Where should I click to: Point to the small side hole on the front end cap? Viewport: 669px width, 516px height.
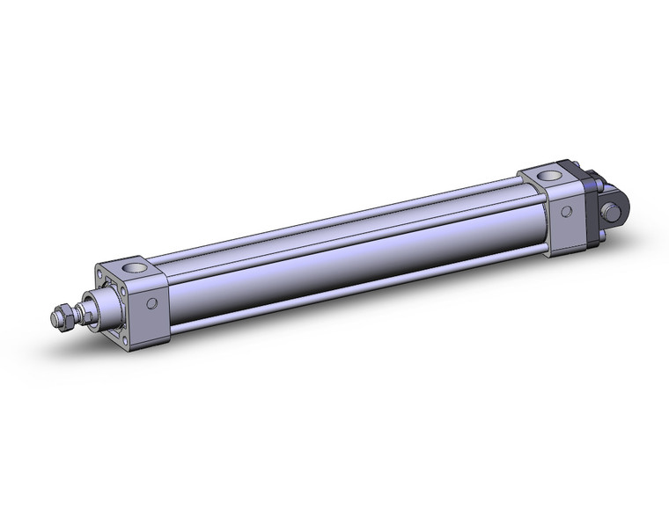tap(151, 303)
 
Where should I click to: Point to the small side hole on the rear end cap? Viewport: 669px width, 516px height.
tap(567, 212)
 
